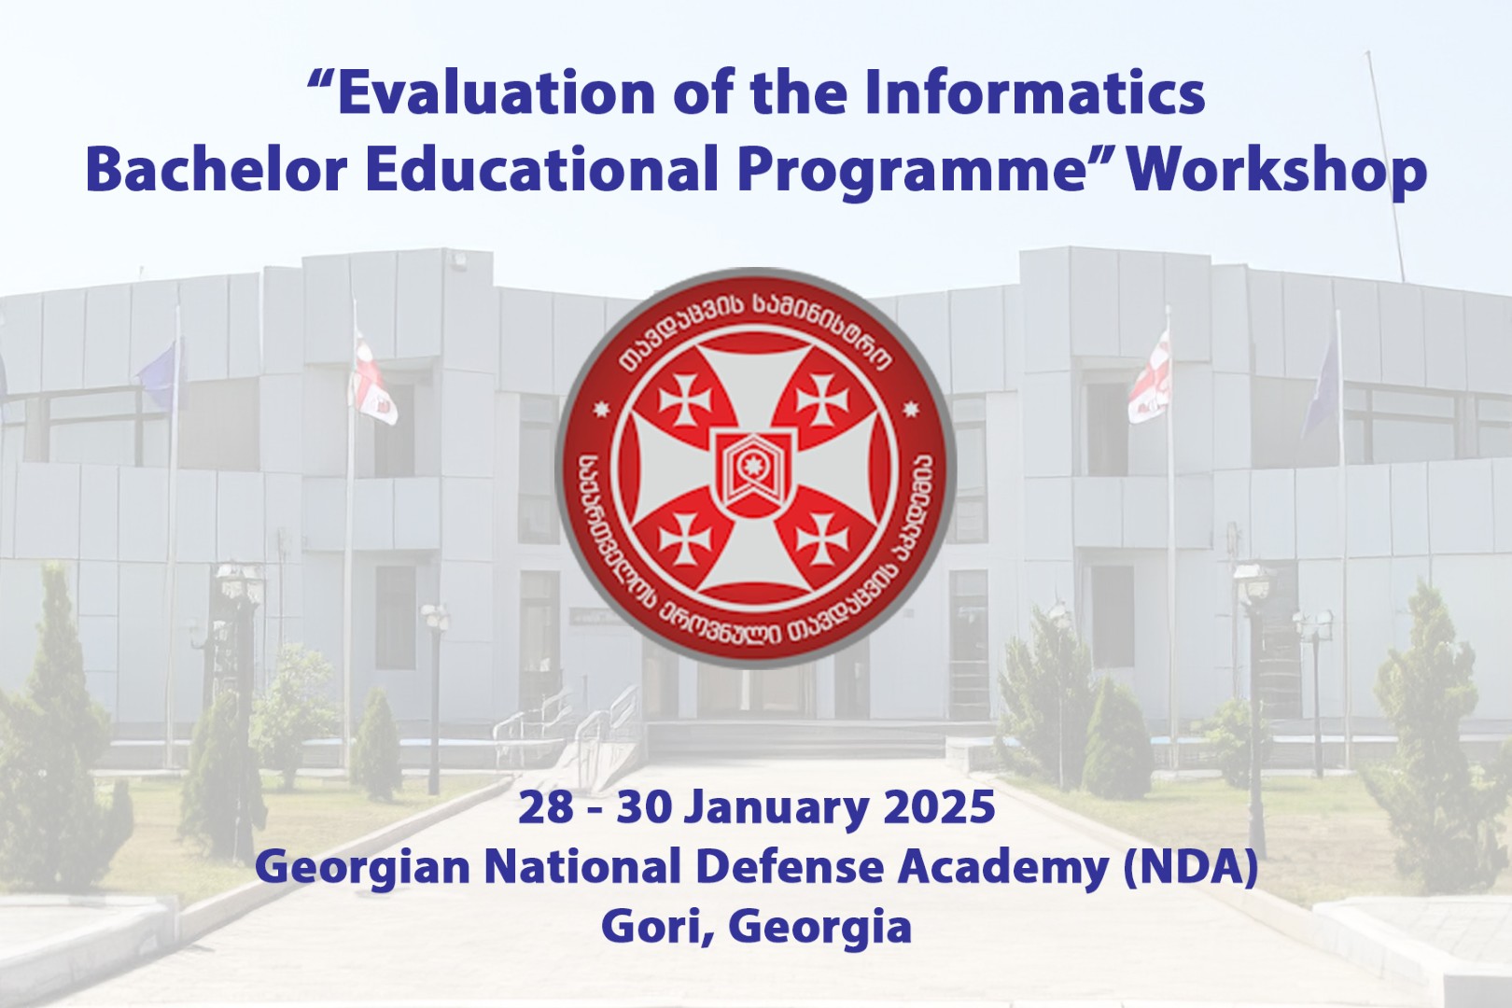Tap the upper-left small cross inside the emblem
(x=685, y=399)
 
